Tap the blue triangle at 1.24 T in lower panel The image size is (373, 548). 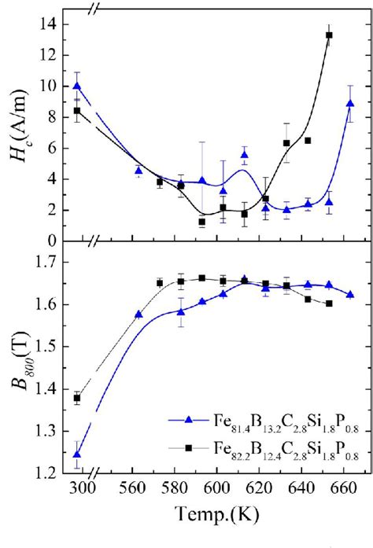76,454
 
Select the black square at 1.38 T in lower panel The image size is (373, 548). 76,398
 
